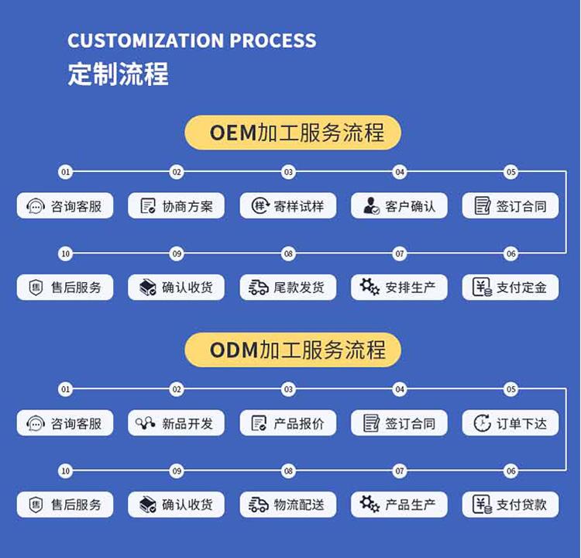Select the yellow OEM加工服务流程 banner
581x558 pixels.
coord(293,133)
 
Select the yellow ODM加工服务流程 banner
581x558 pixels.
coord(293,350)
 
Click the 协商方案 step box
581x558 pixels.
coord(176,205)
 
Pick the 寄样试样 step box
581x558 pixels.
coord(287,205)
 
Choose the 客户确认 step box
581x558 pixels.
coord(399,205)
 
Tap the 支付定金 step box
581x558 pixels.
coord(511,288)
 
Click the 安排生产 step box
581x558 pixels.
coord(399,288)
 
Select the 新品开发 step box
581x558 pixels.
coord(176,423)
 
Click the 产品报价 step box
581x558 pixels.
coord(287,423)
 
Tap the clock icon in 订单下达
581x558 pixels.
coord(482,423)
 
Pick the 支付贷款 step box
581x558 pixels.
coord(511,505)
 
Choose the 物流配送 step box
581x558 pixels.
coord(287,505)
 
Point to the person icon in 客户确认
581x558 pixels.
coord(370,205)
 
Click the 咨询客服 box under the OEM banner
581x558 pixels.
coord(65,205)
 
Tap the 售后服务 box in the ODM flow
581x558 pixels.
coord(65,505)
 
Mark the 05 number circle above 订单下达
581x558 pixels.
coord(511,389)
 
